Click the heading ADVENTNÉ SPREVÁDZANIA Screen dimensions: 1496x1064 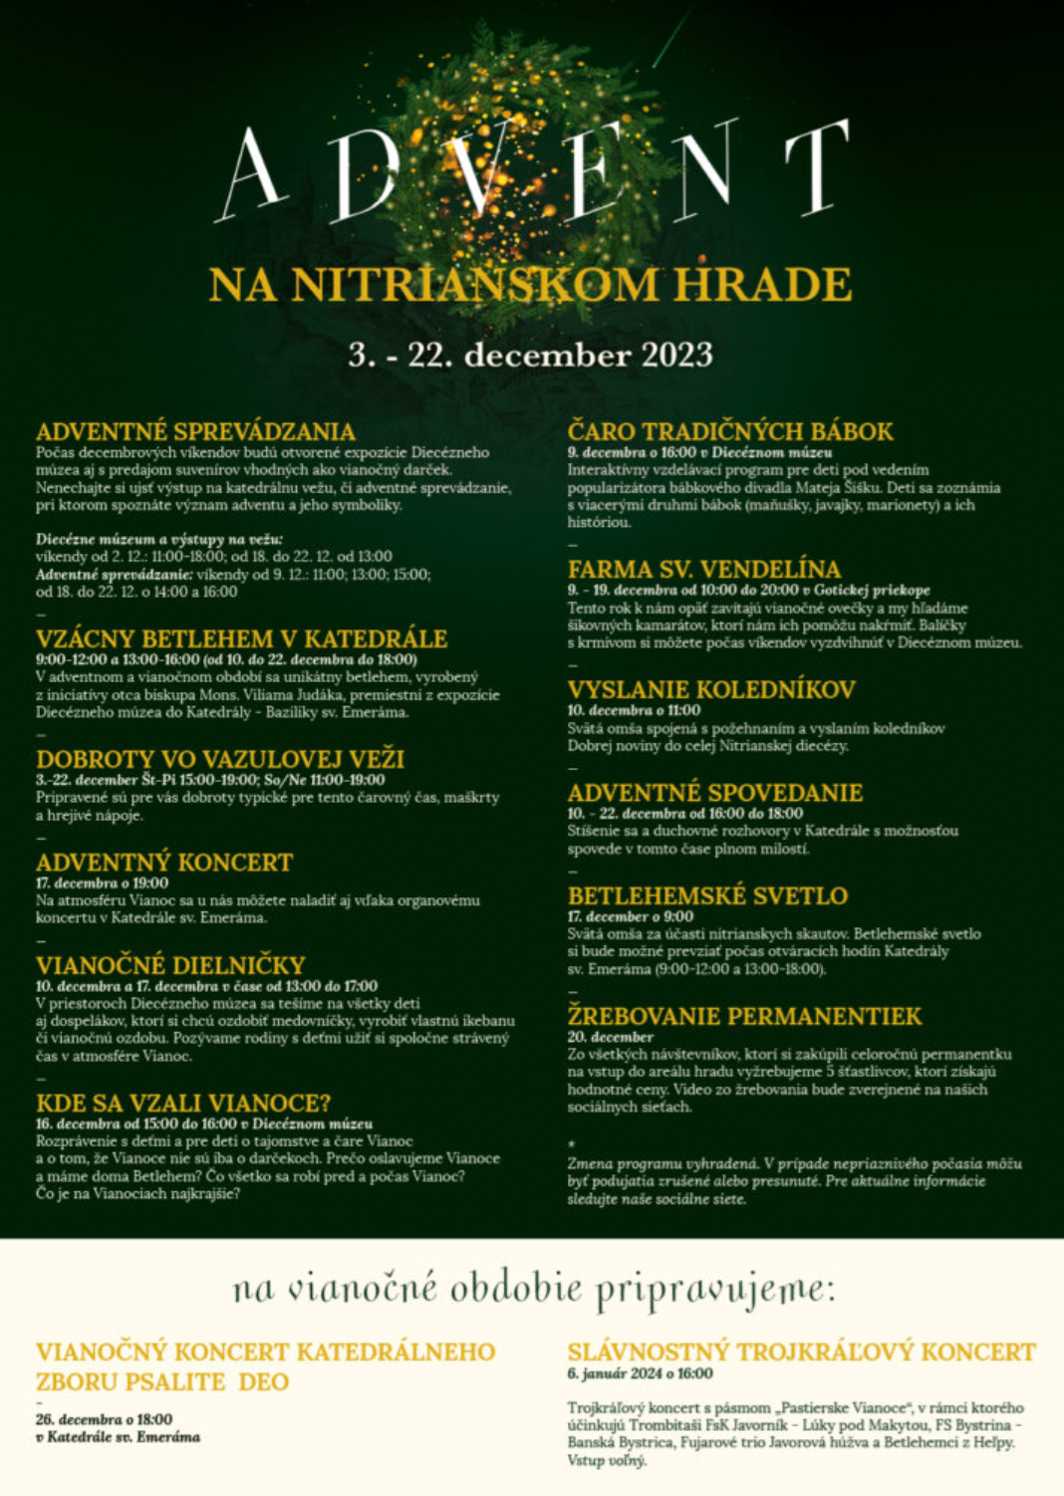coord(195,431)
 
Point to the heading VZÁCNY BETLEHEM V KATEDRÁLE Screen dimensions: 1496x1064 coord(241,638)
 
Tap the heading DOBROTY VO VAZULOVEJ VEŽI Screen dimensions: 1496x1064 coord(220,759)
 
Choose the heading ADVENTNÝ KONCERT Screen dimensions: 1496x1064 coord(164,863)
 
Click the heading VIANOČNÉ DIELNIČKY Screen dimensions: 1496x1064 coord(170,965)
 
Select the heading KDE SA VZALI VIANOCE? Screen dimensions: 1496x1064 coord(183,1104)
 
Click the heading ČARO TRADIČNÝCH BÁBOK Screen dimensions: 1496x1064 coord(730,431)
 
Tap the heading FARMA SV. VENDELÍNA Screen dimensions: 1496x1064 coord(704,570)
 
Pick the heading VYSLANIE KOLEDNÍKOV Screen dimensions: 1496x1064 coord(711,689)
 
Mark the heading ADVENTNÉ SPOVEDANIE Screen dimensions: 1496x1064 coord(715,793)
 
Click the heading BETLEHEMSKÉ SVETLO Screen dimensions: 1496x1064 coord(707,896)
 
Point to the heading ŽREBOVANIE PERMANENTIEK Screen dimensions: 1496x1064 coord(744,1016)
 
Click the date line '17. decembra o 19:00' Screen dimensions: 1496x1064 coord(102,882)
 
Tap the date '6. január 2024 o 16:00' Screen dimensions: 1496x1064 coord(640,1373)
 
